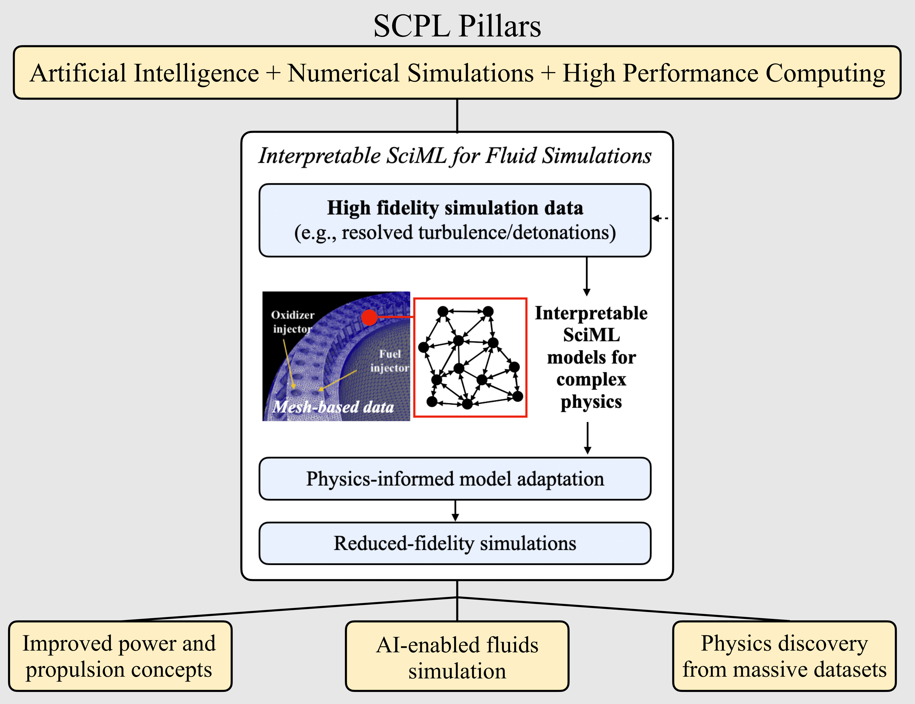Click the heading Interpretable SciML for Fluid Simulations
[x=455, y=156]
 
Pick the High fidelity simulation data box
[x=455, y=220]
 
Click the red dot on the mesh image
[x=369, y=317]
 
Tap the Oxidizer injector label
[x=292, y=322]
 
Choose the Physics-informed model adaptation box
[x=455, y=479]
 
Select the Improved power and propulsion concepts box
[x=120, y=656]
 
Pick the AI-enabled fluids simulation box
[x=457, y=656]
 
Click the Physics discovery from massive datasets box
[x=784, y=656]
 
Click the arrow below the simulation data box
[x=587, y=277]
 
